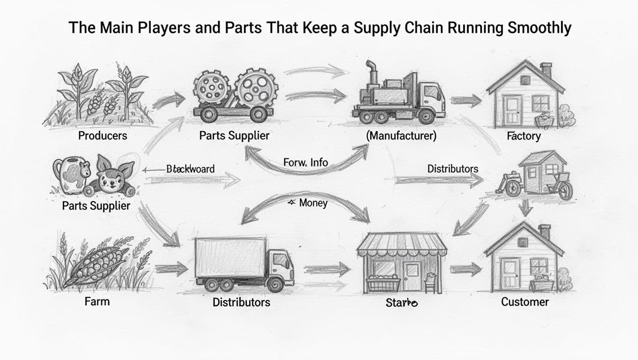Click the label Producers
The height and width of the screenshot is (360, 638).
coord(102,136)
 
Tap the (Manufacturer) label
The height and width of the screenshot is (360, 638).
coord(401,136)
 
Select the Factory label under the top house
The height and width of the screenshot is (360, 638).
coord(524,136)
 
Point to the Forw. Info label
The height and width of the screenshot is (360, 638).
coord(305,163)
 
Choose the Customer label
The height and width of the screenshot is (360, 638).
coord(524,301)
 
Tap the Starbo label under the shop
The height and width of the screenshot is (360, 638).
coord(402,303)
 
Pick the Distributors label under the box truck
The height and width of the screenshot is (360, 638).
coord(241,302)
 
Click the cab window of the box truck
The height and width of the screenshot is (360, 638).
coord(281,259)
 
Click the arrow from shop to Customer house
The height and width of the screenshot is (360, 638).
coord(465,270)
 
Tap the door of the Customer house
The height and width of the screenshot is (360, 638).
coord(509,273)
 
